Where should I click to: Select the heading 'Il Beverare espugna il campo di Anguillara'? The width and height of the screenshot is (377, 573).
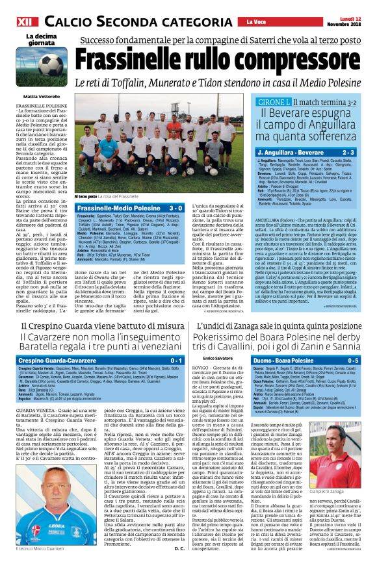(309, 123)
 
